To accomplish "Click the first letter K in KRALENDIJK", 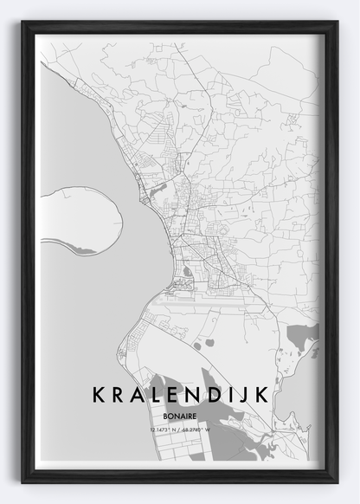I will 97,396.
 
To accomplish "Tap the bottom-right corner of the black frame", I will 336,481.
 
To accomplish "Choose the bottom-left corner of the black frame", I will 23,481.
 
